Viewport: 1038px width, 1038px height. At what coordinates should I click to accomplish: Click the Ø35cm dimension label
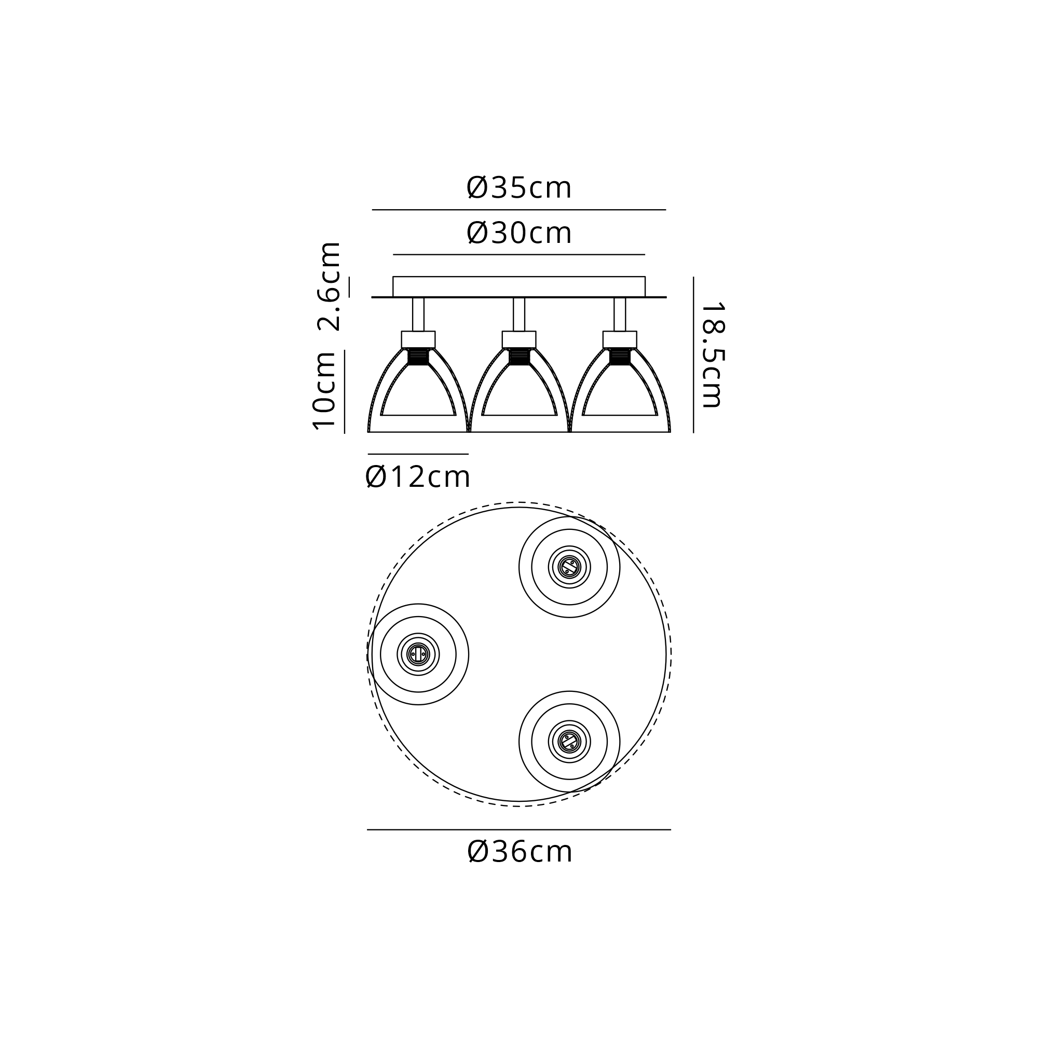[519, 188]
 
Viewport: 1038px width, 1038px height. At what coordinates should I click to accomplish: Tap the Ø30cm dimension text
[519, 233]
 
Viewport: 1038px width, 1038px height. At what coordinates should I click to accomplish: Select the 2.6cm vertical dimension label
[329, 286]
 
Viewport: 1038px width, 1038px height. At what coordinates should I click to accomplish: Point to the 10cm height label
[324, 391]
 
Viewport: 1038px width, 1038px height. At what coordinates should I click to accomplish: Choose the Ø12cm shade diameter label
[417, 476]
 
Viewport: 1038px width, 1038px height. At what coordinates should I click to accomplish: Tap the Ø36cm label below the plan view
[520, 852]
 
